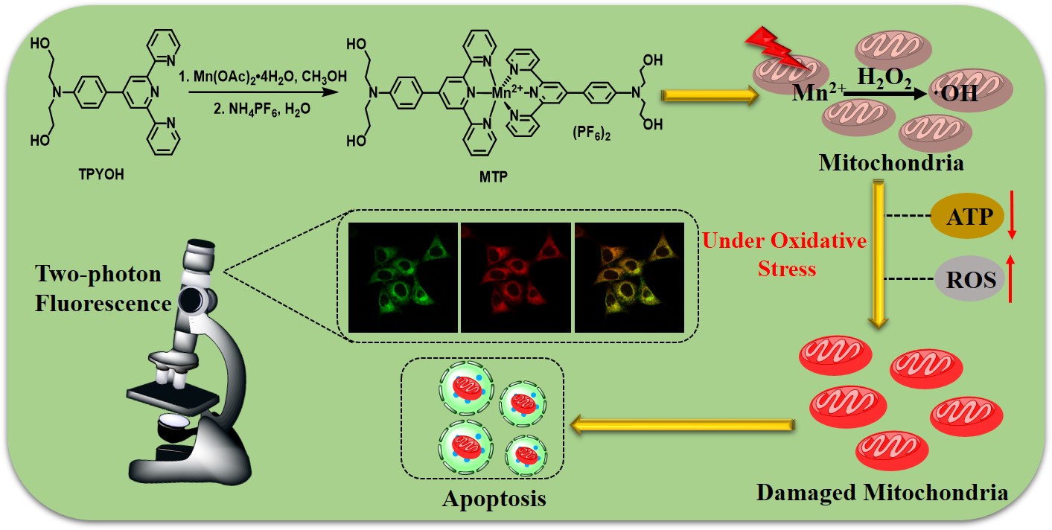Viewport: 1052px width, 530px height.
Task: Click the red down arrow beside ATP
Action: coord(1012,215)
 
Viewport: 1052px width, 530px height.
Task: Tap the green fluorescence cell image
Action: coord(403,277)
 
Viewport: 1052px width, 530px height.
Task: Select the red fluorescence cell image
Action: coord(516,277)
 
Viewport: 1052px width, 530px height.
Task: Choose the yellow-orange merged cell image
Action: coord(628,277)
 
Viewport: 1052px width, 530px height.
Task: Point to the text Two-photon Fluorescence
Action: coord(100,289)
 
